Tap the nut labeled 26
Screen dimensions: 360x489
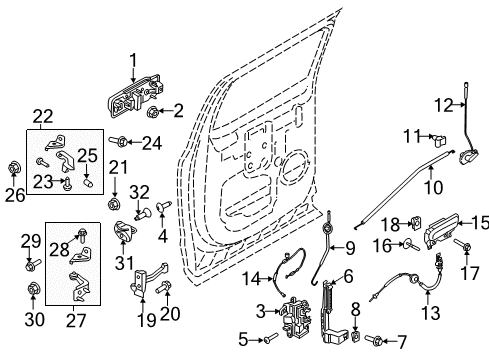tap(13, 165)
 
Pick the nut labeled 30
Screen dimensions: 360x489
tap(30, 291)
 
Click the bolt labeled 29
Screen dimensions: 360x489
tap(30, 264)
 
